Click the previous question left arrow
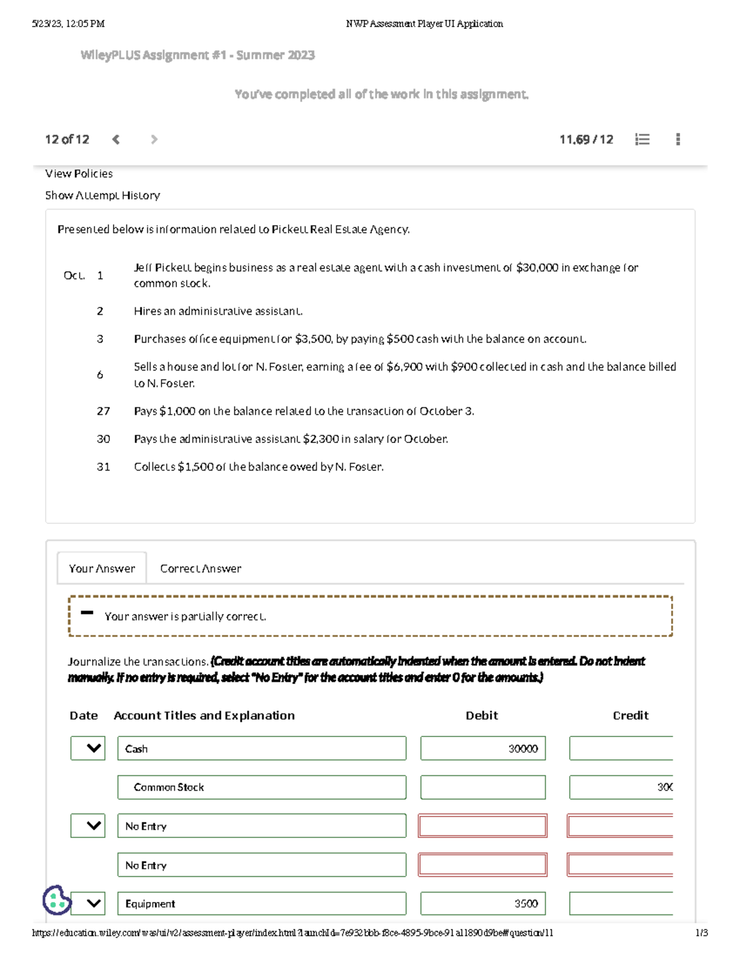[x=116, y=139]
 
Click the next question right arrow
[x=154, y=139]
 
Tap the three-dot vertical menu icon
[x=678, y=139]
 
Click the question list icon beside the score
[x=642, y=139]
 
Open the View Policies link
[x=79, y=174]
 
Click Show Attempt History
[x=102, y=195]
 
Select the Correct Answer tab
[x=200, y=568]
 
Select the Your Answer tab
[x=102, y=568]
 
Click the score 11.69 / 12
[x=586, y=139]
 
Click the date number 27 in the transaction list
[x=103, y=411]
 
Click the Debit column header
[x=482, y=715]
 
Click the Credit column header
[x=630, y=715]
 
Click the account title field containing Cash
[x=261, y=749]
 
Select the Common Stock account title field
[x=261, y=788]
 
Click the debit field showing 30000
[x=483, y=749]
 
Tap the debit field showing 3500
[x=483, y=903]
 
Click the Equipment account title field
[x=261, y=903]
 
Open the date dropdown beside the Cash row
[x=88, y=749]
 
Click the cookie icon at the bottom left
[x=57, y=900]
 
